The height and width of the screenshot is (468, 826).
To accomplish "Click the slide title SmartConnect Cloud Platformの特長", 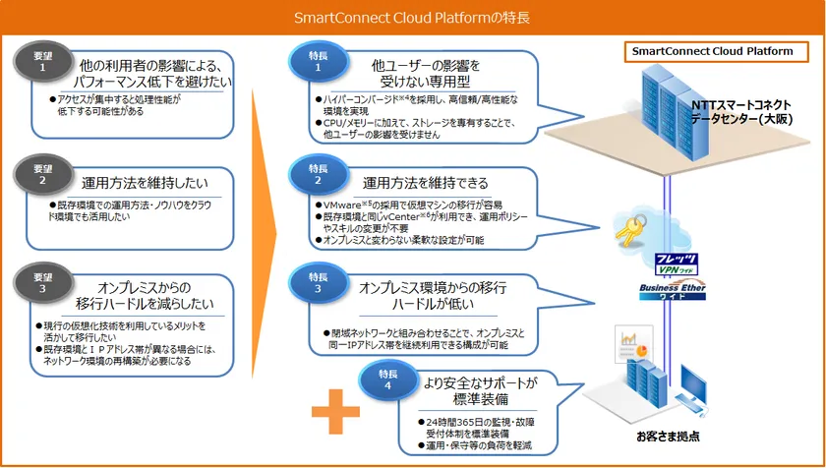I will (x=412, y=17).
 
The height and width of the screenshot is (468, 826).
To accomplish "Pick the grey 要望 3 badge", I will (x=42, y=282).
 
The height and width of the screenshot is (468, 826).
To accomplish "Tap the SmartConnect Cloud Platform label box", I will (x=712, y=51).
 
